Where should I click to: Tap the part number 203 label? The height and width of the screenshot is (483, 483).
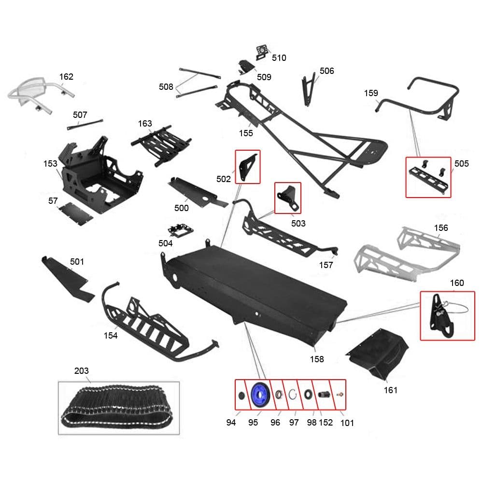point(81,371)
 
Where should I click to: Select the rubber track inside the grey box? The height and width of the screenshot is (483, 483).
point(117,406)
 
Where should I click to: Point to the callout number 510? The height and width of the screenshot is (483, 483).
point(279,58)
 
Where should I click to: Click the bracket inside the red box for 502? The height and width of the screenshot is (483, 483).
point(247,167)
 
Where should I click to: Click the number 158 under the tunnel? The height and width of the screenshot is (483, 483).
point(317,359)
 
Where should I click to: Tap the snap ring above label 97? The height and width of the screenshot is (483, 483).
point(292,394)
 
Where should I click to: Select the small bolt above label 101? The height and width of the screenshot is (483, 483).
point(340,394)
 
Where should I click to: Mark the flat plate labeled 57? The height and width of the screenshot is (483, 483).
point(76,213)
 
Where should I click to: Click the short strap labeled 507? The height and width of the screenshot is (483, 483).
point(85,125)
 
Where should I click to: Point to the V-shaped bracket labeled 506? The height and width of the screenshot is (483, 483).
point(308,90)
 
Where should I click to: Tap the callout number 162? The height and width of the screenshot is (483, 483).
point(66,77)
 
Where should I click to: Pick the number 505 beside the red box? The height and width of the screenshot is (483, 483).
point(461,164)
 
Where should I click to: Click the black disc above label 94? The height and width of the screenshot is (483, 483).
point(242,395)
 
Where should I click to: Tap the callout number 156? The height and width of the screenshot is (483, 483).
point(441,228)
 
